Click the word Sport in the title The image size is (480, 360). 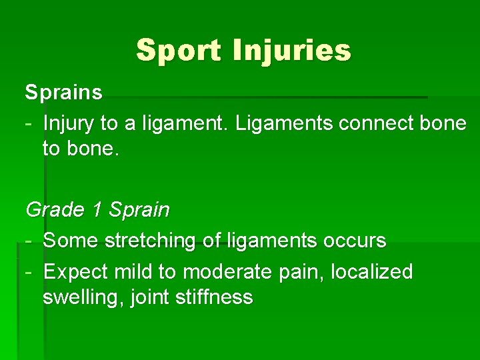[178, 51]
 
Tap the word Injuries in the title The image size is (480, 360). [291, 51]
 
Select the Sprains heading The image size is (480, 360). [64, 93]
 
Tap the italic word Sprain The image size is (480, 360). [139, 210]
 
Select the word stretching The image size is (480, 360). [149, 241]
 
